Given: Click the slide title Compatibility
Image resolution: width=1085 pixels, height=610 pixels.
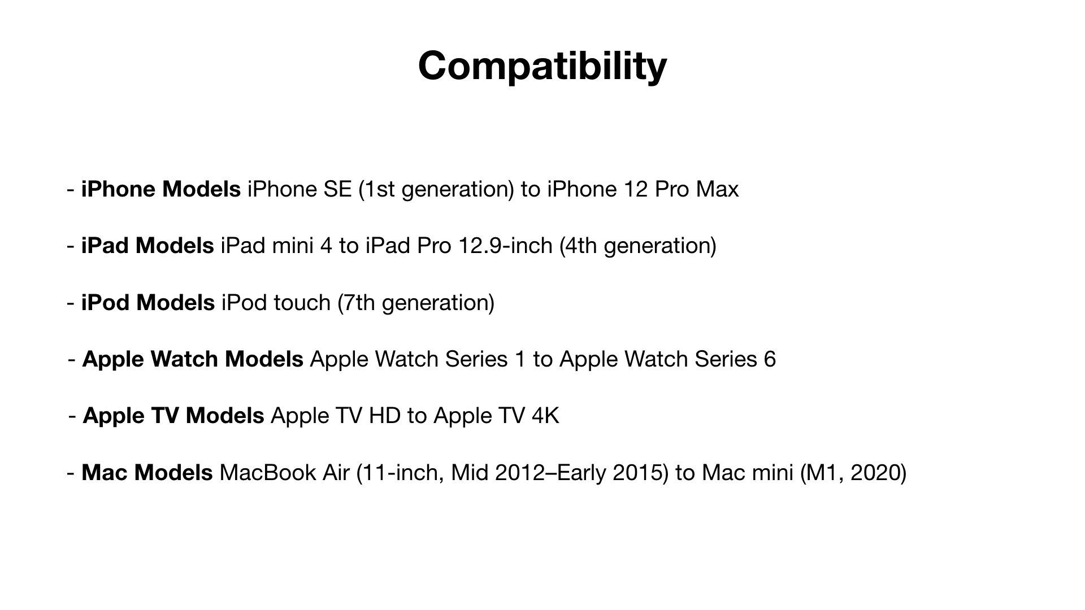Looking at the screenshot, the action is (x=542, y=67).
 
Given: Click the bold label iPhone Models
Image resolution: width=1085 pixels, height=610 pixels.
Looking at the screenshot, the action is (x=161, y=189).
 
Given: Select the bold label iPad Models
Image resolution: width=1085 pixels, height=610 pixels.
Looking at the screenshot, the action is (x=147, y=246).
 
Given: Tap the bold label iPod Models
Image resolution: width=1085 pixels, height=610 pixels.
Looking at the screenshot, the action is (x=148, y=303).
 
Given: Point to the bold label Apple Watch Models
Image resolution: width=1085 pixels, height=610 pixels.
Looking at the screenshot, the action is (x=193, y=360).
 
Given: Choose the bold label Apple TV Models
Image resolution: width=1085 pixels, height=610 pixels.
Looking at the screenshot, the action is (x=173, y=416).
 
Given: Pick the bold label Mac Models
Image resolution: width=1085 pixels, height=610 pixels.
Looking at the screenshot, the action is (x=147, y=473).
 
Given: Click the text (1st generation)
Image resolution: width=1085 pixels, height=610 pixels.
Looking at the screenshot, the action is (x=436, y=190).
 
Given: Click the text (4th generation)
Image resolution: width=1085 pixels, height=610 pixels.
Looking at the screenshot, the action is (x=638, y=246).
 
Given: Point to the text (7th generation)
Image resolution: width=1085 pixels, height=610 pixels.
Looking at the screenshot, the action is (x=416, y=303).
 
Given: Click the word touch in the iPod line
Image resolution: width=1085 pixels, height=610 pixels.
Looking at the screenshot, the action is (x=302, y=303).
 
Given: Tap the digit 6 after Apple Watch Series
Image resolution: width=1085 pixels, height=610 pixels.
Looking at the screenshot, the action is (x=770, y=360).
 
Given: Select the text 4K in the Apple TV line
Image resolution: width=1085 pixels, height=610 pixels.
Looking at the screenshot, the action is (x=545, y=416).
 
